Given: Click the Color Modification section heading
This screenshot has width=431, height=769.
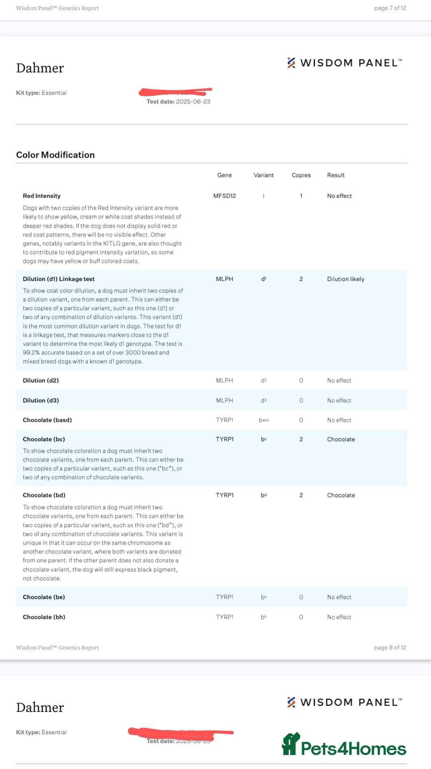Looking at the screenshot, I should click(x=55, y=155).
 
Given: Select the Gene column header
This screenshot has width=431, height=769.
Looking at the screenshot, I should click(x=224, y=175).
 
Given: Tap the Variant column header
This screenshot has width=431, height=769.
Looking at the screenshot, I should click(x=263, y=175).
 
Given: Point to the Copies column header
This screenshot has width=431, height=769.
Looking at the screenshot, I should click(x=301, y=175).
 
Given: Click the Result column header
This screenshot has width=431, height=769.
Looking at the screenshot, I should click(x=336, y=175).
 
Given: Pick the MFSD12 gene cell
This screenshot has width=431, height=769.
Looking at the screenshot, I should click(x=224, y=196).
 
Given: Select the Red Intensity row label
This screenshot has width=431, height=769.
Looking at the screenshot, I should click(x=42, y=196).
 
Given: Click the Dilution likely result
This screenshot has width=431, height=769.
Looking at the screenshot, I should click(x=346, y=279).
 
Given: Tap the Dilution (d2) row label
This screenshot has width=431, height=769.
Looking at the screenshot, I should click(x=41, y=381).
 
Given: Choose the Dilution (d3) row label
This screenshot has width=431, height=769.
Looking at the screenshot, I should click(x=41, y=401).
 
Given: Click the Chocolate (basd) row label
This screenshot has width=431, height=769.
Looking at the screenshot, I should click(x=47, y=420).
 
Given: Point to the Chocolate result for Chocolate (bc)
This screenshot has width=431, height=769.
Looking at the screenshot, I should click(x=341, y=439).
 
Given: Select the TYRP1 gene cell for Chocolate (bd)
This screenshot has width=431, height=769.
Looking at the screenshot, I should click(x=224, y=495).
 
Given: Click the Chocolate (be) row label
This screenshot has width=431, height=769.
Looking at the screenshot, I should click(x=43, y=597).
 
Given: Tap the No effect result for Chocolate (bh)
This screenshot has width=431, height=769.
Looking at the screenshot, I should click(x=339, y=617).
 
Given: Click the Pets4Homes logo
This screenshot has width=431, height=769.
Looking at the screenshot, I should click(x=344, y=746).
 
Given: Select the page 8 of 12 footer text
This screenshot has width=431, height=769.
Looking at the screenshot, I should click(x=389, y=648).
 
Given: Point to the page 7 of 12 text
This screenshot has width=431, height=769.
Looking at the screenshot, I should click(x=390, y=8).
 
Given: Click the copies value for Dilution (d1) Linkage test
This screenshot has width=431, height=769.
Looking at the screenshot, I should click(x=301, y=279).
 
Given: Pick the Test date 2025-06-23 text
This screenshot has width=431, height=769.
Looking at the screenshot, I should click(x=178, y=102).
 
